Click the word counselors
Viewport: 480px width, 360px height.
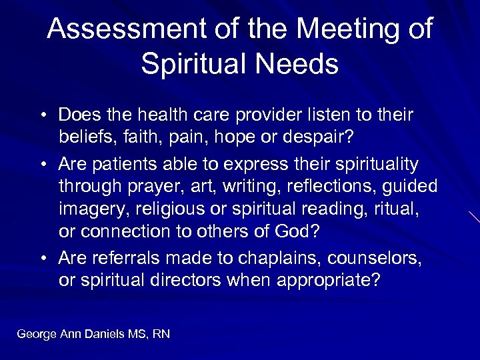[x=366, y=257]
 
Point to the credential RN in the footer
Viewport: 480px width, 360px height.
[x=161, y=333]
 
